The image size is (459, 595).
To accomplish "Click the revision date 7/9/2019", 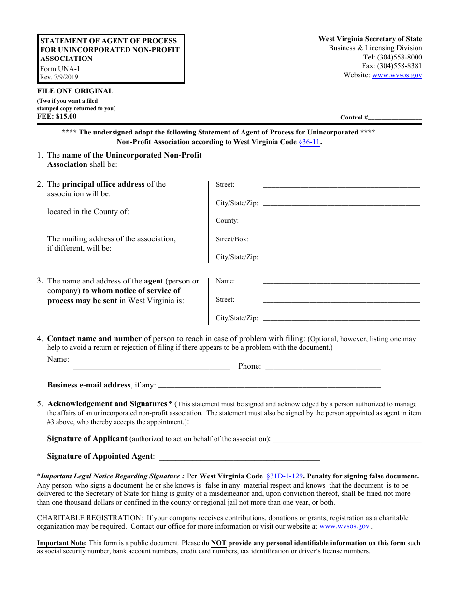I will [59, 77].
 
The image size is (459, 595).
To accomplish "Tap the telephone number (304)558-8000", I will [399, 57].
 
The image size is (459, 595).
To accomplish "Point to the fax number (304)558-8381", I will [399, 66].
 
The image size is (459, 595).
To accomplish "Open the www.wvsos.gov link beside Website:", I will [397, 75].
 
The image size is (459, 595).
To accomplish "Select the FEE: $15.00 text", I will [57, 116].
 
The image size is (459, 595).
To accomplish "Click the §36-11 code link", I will [309, 142].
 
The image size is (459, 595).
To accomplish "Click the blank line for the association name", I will [315, 165].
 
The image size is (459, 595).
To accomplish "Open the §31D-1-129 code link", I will [285, 476].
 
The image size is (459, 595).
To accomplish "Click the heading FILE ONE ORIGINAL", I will [75, 91].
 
